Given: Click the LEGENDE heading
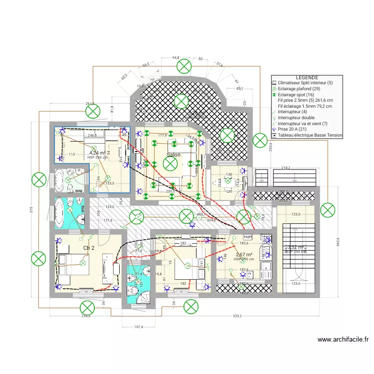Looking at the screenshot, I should (307, 78).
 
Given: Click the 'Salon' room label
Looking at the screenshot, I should (174, 155).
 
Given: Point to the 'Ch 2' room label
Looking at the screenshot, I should (89, 248).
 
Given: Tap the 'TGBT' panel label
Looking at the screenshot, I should (248, 237).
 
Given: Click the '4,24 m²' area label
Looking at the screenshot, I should (97, 153).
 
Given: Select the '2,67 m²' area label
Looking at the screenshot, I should (244, 255).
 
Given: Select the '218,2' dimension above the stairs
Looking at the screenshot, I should (285, 168).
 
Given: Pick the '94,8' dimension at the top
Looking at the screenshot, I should (176, 58).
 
